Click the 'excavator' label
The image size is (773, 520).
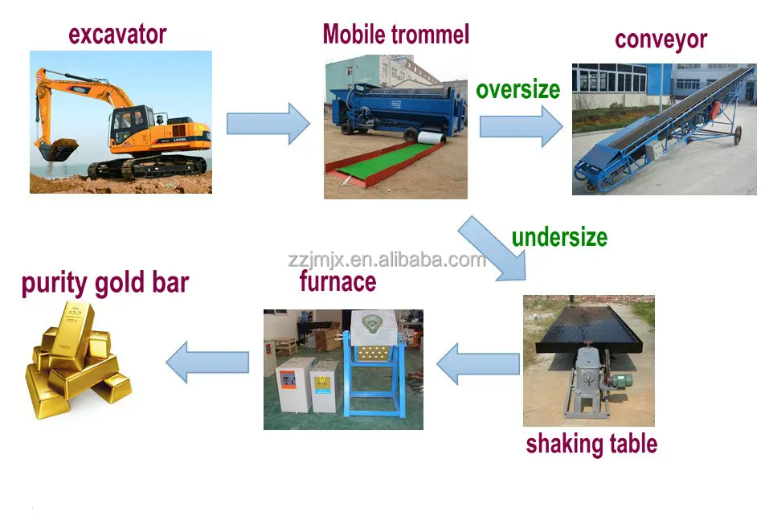click(x=117, y=35)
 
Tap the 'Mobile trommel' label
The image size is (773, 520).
click(x=395, y=35)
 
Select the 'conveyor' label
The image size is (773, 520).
click(x=661, y=39)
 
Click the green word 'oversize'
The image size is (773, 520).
click(x=517, y=89)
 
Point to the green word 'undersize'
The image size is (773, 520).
click(x=559, y=237)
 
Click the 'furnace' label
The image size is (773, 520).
click(x=337, y=282)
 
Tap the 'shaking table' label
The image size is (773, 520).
click(x=591, y=444)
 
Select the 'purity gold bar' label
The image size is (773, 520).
click(x=105, y=284)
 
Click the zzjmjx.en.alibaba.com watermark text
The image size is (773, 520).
click(x=386, y=260)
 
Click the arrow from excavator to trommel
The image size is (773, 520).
click(x=268, y=124)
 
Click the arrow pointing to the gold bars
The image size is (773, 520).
click(x=207, y=362)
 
